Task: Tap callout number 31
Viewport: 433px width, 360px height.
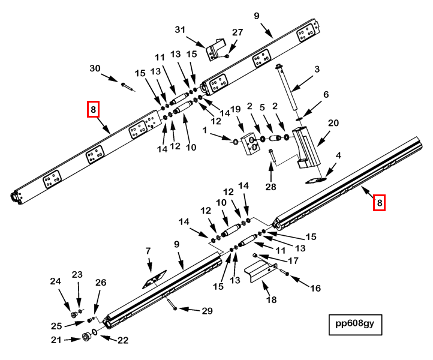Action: click(181, 29)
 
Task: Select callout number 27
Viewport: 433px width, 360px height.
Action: click(237, 32)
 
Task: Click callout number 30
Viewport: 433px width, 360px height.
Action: click(95, 69)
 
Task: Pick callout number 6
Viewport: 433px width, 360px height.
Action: click(326, 95)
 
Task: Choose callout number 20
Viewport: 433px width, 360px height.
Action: click(333, 123)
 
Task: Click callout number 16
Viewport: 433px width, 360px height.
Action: click(315, 288)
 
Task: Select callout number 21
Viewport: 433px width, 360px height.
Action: click(56, 340)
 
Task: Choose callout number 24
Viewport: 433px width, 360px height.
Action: click(56, 281)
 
